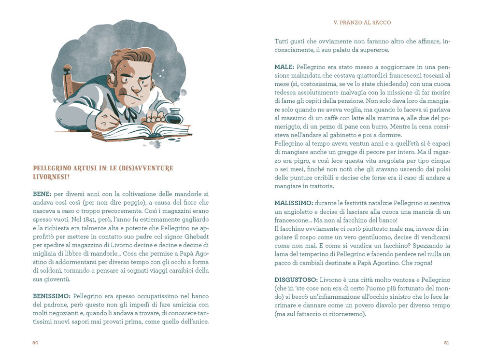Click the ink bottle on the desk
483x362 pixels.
point(174,116)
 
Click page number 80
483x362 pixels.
point(35,343)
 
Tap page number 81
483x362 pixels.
point(447,343)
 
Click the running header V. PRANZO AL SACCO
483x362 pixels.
point(362,23)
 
